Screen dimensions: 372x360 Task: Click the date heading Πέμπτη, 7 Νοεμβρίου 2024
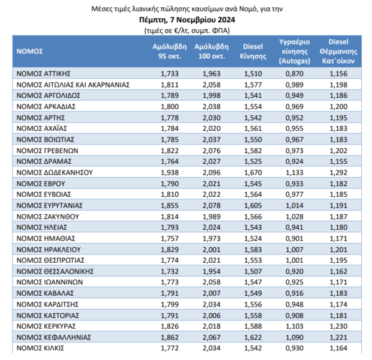point(187,20)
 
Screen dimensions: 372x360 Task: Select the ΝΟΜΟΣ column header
point(29,51)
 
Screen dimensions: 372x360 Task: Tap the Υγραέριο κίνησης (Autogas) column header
point(295,51)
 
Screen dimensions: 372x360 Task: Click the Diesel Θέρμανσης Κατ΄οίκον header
point(338,51)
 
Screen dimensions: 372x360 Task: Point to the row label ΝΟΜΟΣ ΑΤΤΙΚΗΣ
point(43,74)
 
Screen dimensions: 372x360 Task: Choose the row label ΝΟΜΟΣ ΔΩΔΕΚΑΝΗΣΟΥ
point(55,173)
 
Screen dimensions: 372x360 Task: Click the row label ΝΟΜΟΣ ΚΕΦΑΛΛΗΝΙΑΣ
point(53,337)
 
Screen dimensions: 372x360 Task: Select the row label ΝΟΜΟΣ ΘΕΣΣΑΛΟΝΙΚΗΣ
point(55,271)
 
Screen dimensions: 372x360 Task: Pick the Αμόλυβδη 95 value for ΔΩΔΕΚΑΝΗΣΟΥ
point(170,173)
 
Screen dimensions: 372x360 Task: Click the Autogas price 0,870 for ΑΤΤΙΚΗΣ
point(295,74)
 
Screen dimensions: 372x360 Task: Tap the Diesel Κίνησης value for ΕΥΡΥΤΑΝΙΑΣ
point(253,206)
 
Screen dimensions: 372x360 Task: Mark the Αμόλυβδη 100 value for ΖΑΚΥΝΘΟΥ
point(211,217)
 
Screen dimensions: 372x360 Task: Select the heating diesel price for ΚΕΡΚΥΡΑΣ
point(338,326)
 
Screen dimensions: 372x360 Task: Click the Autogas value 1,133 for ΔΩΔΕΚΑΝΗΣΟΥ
point(295,173)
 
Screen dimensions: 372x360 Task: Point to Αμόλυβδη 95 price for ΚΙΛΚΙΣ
point(170,348)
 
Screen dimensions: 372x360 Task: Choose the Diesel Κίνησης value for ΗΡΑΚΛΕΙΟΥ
point(253,250)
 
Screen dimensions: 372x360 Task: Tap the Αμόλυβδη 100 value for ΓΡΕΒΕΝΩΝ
point(211,151)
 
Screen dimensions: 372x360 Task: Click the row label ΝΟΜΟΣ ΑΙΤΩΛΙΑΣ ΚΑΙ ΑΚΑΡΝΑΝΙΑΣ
point(73,85)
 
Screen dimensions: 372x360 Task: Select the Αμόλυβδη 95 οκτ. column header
point(170,51)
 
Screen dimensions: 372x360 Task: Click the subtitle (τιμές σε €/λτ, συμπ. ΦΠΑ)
point(187,31)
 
